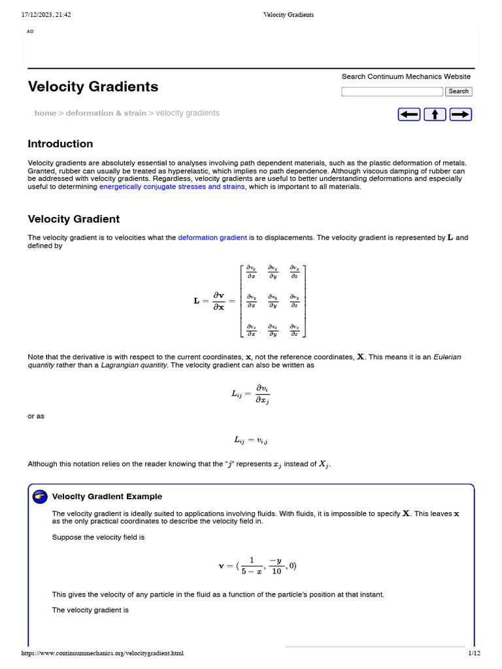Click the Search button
(458, 91)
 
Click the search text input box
(392, 91)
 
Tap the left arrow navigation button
(409, 114)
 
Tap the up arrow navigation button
(435, 114)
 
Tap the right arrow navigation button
(461, 114)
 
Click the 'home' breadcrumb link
(45, 113)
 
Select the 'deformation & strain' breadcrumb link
(106, 113)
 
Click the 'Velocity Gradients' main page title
(93, 86)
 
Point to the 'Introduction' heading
(60, 144)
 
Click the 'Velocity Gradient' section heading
(73, 219)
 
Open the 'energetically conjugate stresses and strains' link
(173, 187)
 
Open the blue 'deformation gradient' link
(212, 238)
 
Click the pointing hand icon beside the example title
(40, 497)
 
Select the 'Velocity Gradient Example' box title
(107, 497)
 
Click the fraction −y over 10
(276, 566)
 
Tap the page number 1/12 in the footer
(474, 653)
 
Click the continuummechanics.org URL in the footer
(103, 653)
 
